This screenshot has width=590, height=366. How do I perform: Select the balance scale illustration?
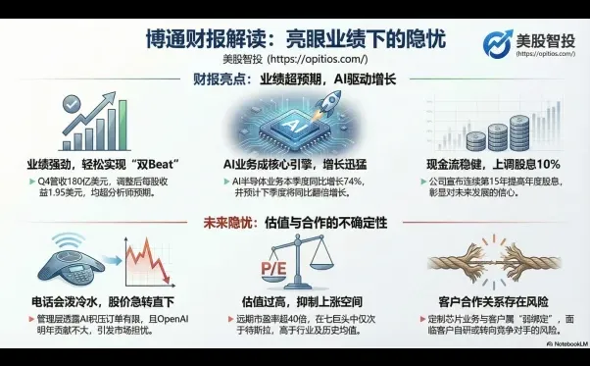294,260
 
